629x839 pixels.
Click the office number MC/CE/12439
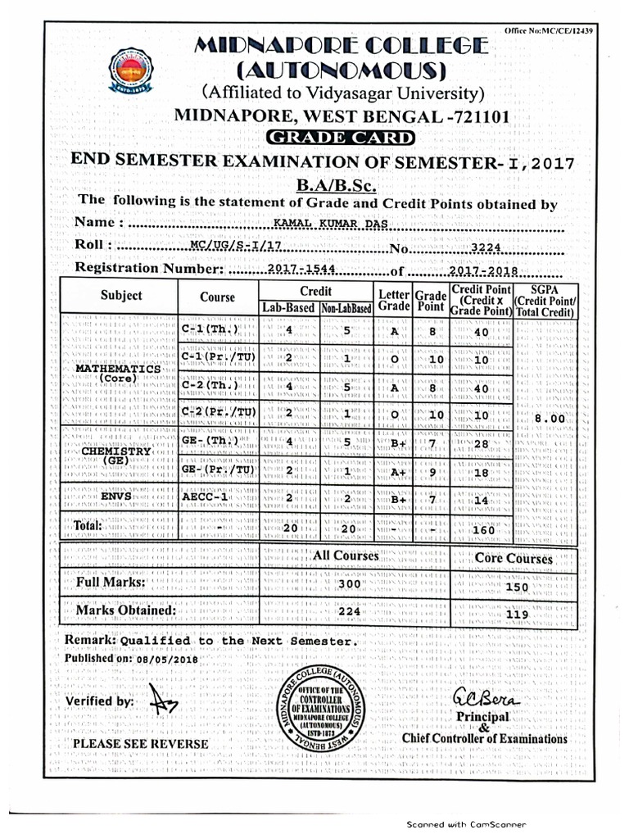(562, 30)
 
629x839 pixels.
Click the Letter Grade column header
(393, 300)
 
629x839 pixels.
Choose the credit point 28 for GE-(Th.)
(482, 443)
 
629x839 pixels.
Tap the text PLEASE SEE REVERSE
(140, 744)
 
